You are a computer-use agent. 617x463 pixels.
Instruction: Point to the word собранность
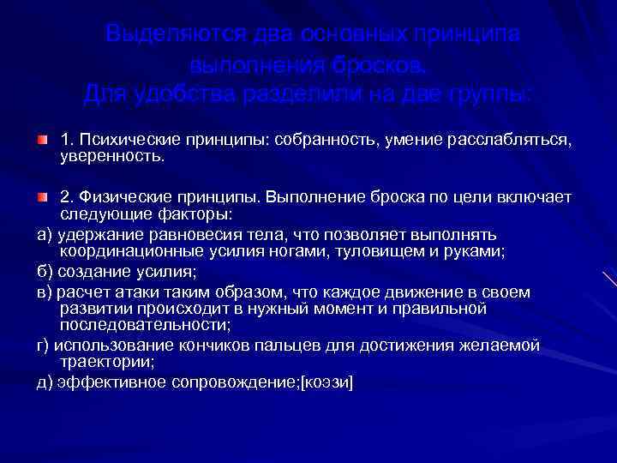tap(314, 140)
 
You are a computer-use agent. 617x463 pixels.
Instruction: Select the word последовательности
tap(143, 326)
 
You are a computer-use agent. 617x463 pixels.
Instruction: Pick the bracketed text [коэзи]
tap(325, 382)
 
